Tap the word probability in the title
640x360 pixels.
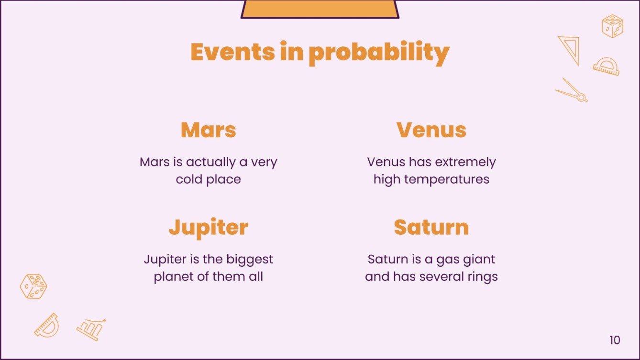pos(379,53)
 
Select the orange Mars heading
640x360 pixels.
pos(208,130)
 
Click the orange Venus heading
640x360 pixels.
pos(431,130)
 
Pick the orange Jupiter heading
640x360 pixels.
pos(208,228)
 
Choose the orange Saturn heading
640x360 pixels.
pos(431,227)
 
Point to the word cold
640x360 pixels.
pos(189,179)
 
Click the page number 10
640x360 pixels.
pos(615,340)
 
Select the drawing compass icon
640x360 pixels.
pos(572,90)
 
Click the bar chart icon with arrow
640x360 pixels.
pos(91,329)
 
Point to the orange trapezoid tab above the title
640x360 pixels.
pos(320,9)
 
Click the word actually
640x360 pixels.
pos(211,162)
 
